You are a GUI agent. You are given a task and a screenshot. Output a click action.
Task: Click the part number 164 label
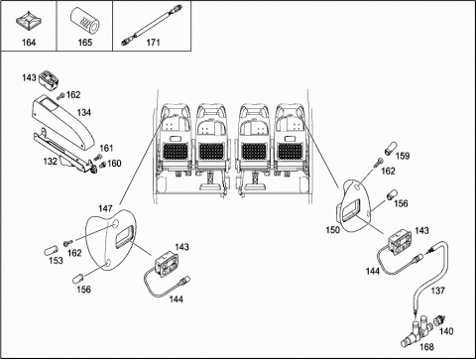(x=29, y=43)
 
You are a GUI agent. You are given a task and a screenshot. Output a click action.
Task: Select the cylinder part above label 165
(x=85, y=21)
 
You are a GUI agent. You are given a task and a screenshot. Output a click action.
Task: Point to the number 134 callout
(x=83, y=112)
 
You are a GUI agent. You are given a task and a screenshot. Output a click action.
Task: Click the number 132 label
(x=51, y=161)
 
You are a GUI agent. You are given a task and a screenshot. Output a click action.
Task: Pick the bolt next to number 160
(x=102, y=164)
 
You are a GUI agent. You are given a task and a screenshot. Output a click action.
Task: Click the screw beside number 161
(x=97, y=158)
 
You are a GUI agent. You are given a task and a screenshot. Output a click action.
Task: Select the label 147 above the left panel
(x=105, y=208)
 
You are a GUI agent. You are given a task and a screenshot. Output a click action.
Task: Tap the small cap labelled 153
(x=51, y=250)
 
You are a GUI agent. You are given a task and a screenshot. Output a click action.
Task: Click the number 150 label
(x=332, y=230)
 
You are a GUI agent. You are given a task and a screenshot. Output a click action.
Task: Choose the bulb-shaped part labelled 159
(x=390, y=148)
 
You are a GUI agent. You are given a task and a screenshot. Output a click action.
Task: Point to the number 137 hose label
(x=438, y=291)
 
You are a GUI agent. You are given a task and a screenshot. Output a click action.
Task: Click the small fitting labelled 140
(x=441, y=320)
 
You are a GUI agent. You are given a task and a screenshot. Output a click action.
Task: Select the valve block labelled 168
(x=416, y=331)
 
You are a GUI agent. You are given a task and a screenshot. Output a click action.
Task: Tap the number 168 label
(x=426, y=347)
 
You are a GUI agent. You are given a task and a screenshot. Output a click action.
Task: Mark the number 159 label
(x=403, y=156)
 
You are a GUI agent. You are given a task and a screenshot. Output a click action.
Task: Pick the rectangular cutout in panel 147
(x=125, y=236)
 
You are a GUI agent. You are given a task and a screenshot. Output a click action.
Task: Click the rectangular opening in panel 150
(x=351, y=210)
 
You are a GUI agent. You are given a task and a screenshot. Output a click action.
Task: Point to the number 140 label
(x=446, y=331)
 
